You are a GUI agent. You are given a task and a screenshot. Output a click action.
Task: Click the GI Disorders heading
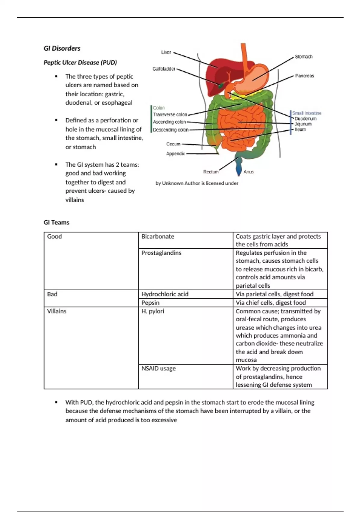pyautogui.click(x=62, y=48)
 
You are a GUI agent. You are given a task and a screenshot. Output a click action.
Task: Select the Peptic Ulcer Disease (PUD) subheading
pyautogui.click(x=80, y=62)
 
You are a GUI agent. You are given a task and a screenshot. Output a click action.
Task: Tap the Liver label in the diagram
pyautogui.click(x=166, y=52)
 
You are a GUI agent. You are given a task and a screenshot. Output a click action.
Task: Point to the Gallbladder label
pyautogui.click(x=164, y=69)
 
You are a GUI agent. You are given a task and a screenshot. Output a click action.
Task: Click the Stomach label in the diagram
pyautogui.click(x=304, y=57)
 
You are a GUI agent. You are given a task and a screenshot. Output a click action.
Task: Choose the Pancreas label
pyautogui.click(x=304, y=76)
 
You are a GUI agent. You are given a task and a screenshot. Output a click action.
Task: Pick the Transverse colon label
pyautogui.click(x=170, y=114)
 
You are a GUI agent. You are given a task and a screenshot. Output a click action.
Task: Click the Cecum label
pyautogui.click(x=173, y=144)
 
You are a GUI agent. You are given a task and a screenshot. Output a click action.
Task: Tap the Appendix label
pyautogui.click(x=175, y=154)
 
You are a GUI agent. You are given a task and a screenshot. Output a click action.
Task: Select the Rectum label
pyautogui.click(x=211, y=172)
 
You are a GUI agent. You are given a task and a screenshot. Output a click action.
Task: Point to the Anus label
pyautogui.click(x=248, y=172)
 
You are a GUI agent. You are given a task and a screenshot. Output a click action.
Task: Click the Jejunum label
pyautogui.click(x=303, y=124)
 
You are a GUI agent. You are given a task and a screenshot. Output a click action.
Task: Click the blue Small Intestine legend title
pyautogui.click(x=307, y=113)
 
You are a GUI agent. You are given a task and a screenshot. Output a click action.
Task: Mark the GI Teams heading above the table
pyautogui.click(x=57, y=222)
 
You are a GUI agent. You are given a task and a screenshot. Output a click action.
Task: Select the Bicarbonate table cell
pyautogui.click(x=158, y=236)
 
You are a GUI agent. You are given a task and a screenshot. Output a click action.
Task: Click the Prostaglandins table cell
pyautogui.click(x=162, y=253)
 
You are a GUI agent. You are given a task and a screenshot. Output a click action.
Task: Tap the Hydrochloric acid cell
pyautogui.click(x=165, y=294)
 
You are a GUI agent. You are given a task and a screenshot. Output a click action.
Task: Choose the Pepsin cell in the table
pyautogui.click(x=150, y=302)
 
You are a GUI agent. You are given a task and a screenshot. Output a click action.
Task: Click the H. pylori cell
pyautogui.click(x=153, y=311)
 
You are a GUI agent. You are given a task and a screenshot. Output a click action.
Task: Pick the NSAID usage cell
pyautogui.click(x=159, y=368)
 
